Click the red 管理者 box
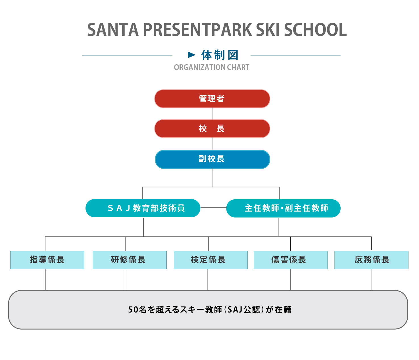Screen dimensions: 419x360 coord(212,99)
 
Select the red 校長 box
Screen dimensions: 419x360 coord(212,129)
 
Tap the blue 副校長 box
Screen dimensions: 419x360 coord(212,159)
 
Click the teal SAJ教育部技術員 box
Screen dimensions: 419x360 coord(143,208)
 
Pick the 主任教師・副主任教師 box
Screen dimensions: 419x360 coord(283,208)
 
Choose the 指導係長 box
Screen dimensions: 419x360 coord(47,260)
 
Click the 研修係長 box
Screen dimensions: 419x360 coord(130,260)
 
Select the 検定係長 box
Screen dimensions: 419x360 coord(210,260)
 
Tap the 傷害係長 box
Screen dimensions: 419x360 coord(291,260)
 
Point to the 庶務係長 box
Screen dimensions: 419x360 coord(371,260)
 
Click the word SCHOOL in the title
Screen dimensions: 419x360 coord(315,30)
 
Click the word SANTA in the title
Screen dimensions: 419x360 coord(113,30)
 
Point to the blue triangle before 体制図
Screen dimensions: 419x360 coord(192,55)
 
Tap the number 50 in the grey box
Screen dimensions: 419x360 coord(133,309)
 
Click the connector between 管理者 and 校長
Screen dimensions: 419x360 coord(212,114)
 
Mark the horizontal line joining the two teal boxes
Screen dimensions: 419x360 coord(213,207)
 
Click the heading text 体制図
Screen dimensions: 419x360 coord(220,55)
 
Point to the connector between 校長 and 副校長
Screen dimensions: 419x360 coord(212,144)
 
